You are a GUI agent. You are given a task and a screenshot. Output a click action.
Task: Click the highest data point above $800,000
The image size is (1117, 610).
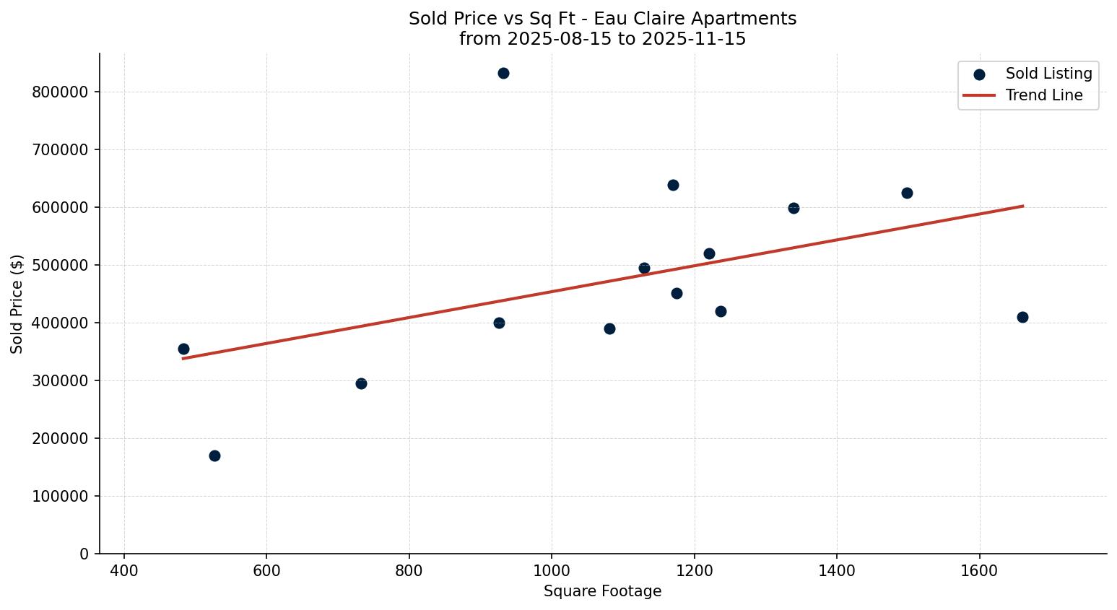[x=503, y=73]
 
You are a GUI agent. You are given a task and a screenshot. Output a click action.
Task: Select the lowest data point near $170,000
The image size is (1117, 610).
[x=214, y=456]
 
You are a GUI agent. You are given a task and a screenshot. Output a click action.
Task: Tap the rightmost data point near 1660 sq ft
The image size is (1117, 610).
[x=1022, y=317]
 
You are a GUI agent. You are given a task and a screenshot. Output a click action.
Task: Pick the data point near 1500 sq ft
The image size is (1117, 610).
[x=907, y=193]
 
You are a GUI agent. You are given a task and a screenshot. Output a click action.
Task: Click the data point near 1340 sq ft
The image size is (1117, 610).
[x=794, y=208]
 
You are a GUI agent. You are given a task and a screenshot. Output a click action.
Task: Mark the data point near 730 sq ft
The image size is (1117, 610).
[x=361, y=383]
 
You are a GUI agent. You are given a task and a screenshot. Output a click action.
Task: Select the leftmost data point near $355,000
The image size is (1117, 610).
[x=183, y=349]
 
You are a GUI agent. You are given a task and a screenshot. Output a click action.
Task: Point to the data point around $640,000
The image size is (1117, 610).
[x=673, y=185]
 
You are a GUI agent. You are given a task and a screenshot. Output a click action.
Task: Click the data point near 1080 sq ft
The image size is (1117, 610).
[x=609, y=328]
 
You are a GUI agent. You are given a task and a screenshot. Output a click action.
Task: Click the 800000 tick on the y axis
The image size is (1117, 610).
[x=61, y=92]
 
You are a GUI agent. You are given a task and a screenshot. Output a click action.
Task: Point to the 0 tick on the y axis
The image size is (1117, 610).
[x=84, y=554]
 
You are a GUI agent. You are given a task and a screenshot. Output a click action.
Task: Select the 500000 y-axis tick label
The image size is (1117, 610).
[x=61, y=266]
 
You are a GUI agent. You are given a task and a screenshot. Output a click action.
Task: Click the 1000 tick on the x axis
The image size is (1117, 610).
[x=552, y=571]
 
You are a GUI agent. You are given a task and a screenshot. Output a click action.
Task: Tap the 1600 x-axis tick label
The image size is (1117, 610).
[x=979, y=571]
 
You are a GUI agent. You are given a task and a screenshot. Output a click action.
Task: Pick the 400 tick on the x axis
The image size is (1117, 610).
[x=124, y=571]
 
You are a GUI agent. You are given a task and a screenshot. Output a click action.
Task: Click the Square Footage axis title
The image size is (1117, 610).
[x=602, y=592]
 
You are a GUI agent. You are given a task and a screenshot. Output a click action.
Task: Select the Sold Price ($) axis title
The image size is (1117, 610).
[x=17, y=304]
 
